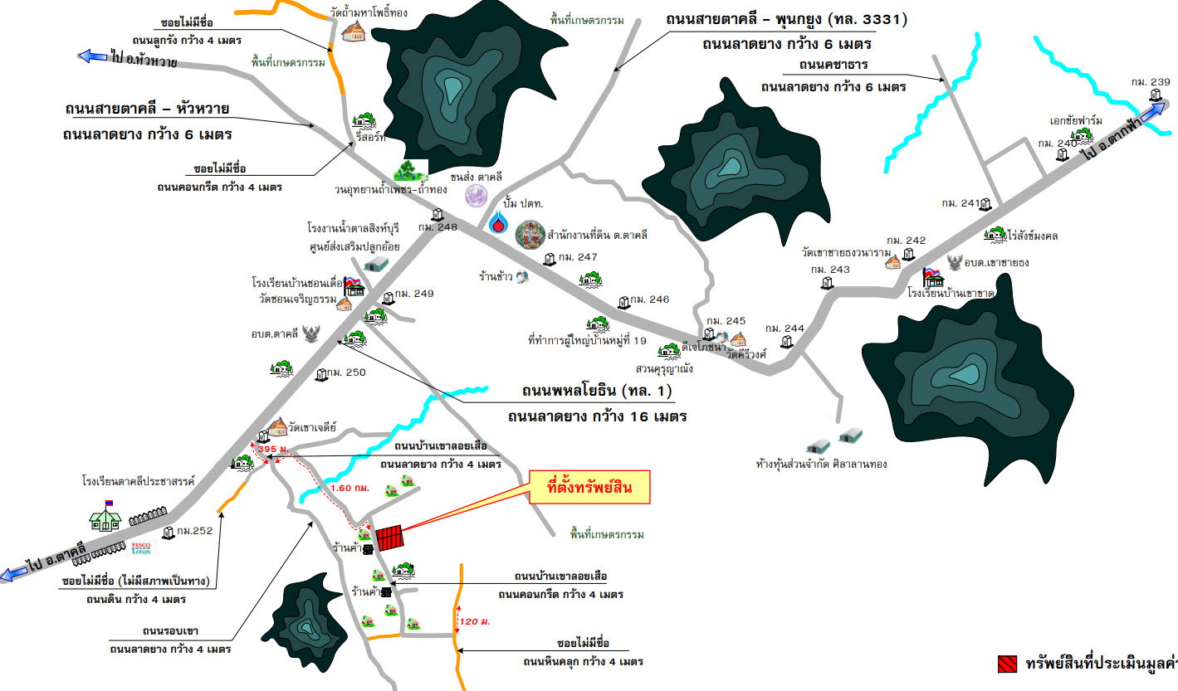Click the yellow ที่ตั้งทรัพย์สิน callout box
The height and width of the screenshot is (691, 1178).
pyautogui.click(x=589, y=487)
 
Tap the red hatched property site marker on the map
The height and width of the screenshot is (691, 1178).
pyautogui.click(x=390, y=538)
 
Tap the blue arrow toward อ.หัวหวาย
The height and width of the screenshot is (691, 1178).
pyautogui.click(x=89, y=56)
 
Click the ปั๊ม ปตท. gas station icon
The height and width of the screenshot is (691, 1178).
pyautogui.click(x=498, y=222)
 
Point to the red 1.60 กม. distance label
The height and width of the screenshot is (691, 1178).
pyautogui.click(x=349, y=488)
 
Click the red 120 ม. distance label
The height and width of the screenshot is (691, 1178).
pyautogui.click(x=473, y=620)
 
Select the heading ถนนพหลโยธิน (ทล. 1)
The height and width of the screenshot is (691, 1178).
pyautogui.click(x=596, y=391)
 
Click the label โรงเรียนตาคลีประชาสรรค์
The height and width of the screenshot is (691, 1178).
pyautogui.click(x=138, y=480)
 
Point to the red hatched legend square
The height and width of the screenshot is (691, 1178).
pyautogui.click(x=1007, y=664)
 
